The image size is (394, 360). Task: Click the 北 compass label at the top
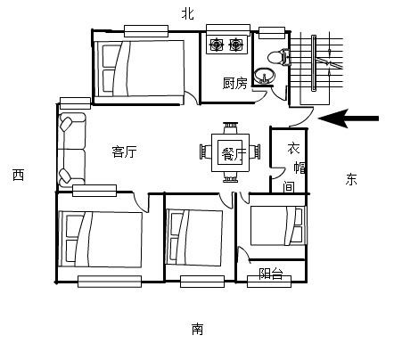click(x=187, y=12)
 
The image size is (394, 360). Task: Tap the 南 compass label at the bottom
click(x=197, y=330)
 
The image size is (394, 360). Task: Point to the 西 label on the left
click(x=18, y=176)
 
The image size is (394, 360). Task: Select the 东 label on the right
click(x=351, y=179)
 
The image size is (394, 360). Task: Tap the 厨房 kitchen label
click(x=234, y=84)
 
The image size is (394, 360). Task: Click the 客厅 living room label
click(x=124, y=151)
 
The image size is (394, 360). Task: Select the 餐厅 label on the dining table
click(x=227, y=153)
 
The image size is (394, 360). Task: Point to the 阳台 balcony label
click(x=271, y=274)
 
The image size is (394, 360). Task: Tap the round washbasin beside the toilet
click(x=264, y=75)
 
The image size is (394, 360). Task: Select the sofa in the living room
click(x=71, y=147)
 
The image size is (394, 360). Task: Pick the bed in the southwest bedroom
click(x=100, y=239)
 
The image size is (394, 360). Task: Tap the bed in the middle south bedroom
click(x=194, y=236)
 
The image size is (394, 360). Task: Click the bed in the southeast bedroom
click(x=277, y=225)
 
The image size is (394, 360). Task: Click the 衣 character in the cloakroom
click(x=292, y=150)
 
